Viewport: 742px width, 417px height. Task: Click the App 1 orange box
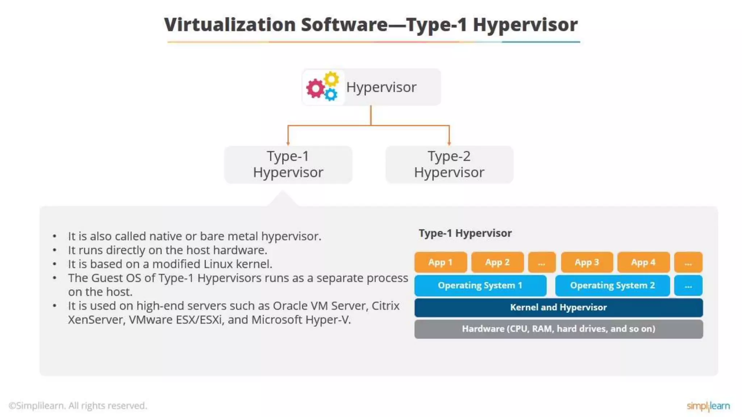pos(441,262)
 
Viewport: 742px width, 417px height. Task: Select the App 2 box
pos(497,262)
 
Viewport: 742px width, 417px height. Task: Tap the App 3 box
pos(587,262)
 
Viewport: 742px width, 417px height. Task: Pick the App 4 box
pos(643,262)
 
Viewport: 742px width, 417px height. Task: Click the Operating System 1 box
pos(480,285)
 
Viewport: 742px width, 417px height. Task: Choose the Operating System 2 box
pos(612,285)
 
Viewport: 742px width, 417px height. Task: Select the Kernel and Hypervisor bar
pos(558,307)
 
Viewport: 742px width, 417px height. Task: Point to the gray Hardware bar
pos(558,329)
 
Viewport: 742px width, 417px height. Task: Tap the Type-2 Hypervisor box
pos(449,164)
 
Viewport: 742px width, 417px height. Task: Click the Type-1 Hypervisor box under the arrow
pos(288,164)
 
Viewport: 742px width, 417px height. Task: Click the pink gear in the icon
pos(315,88)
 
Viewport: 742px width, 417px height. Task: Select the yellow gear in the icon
pos(331,79)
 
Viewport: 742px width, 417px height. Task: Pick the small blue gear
pos(330,95)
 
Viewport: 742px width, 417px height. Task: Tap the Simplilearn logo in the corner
pos(708,406)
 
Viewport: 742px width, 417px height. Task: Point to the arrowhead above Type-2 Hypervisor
pos(449,143)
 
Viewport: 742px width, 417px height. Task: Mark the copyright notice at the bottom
pos(78,405)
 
